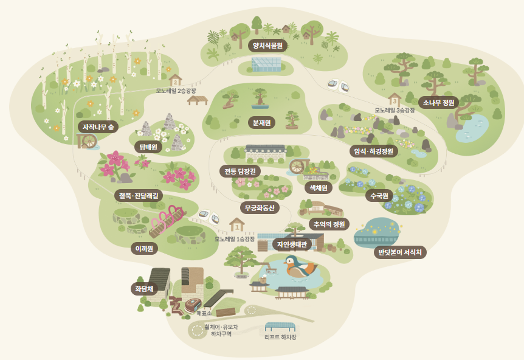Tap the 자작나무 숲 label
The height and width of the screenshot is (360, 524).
point(98,126)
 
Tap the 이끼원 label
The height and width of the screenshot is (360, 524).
point(145,247)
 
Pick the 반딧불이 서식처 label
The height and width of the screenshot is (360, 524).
point(399,251)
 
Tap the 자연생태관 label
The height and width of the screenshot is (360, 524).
point(292,244)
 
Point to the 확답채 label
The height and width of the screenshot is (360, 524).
point(144,288)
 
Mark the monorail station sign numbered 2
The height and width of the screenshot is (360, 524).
point(176,80)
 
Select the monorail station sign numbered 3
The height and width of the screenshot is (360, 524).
point(394,99)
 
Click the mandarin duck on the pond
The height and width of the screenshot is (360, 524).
point(300,266)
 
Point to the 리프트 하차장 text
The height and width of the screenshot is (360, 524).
point(280,336)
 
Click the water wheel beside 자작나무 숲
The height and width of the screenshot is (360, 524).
point(89,141)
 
